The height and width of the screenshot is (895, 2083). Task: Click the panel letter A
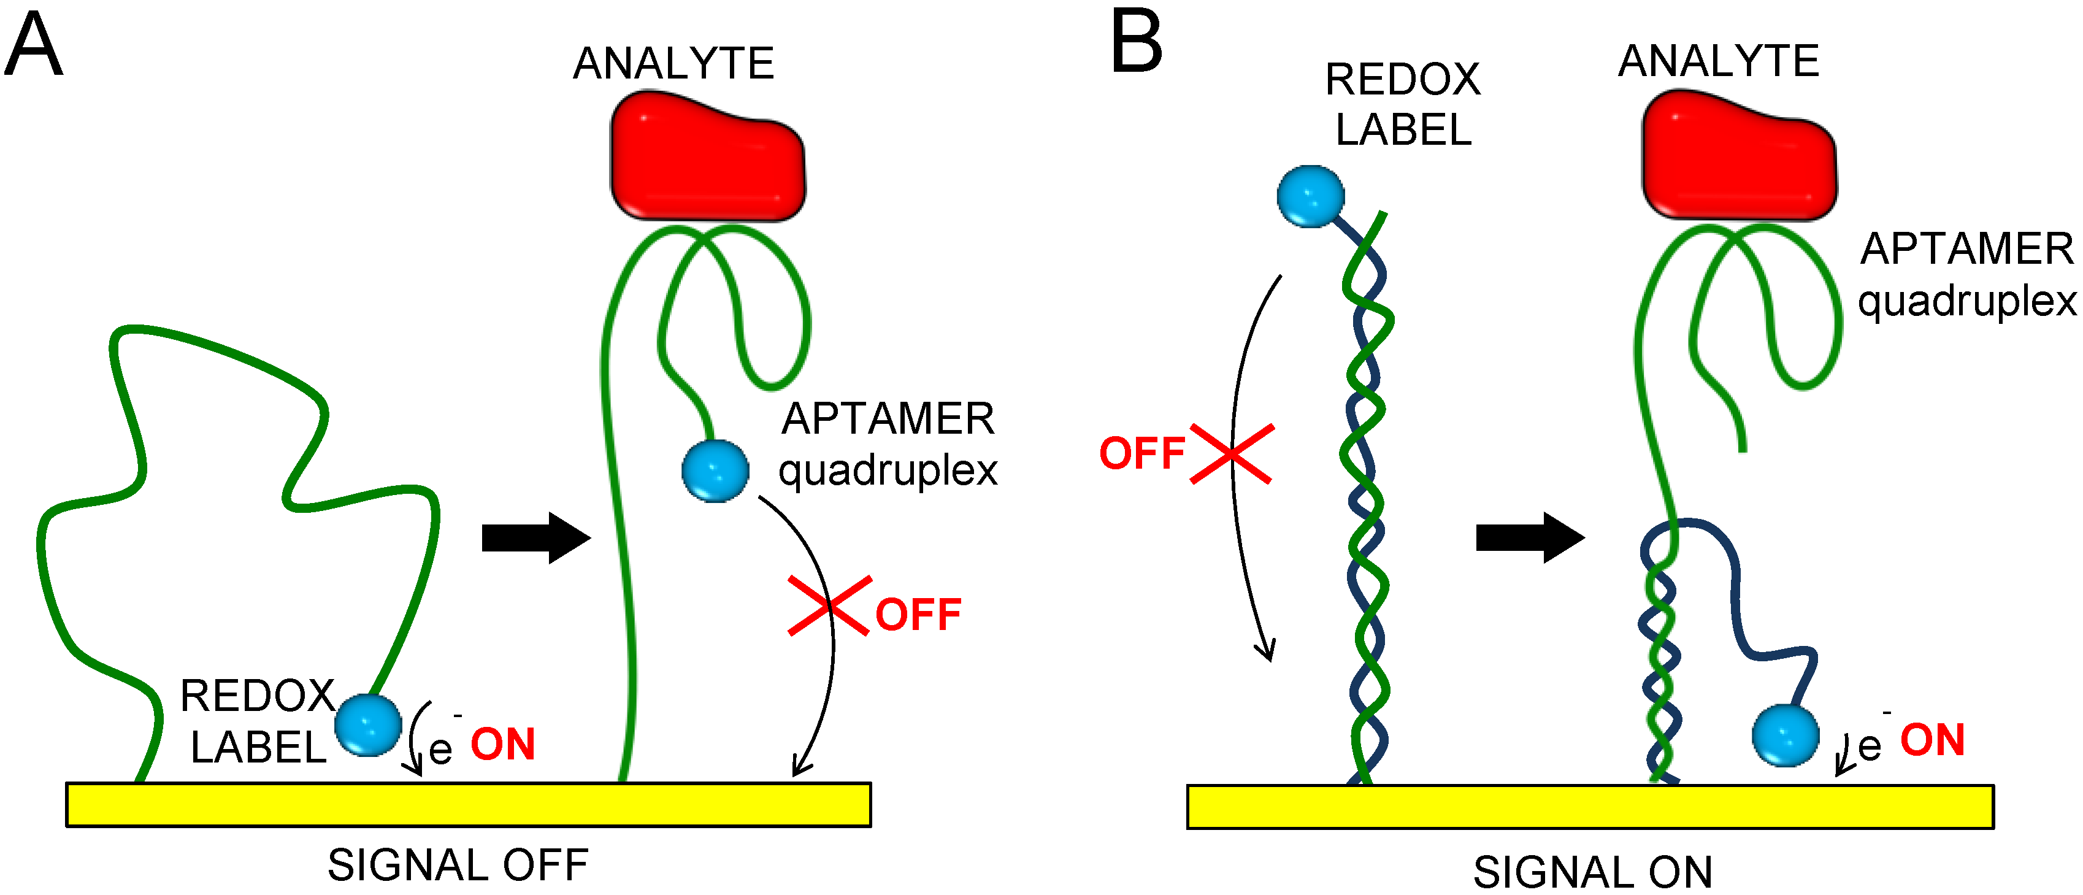33,45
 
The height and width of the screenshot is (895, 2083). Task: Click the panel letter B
1136,42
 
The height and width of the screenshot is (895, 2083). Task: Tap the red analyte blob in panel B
1738,156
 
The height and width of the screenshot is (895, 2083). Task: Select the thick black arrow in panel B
1529,537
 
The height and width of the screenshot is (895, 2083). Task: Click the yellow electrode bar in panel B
1590,806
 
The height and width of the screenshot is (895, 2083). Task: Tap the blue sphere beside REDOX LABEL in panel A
369,725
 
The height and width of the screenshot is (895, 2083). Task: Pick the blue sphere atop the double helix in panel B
1310,196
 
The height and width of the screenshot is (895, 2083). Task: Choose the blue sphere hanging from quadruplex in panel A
715,471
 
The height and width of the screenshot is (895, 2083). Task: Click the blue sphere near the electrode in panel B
1786,735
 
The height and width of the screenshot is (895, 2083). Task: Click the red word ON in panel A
503,745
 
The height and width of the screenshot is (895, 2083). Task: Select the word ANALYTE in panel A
673,64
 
